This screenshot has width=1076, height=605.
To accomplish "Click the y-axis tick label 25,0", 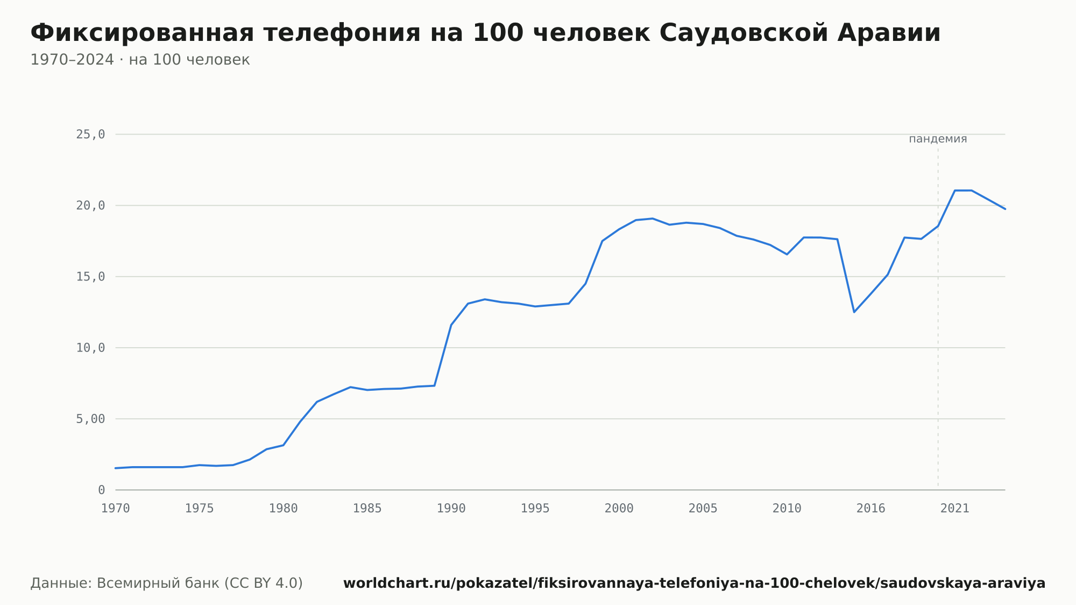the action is coord(90,135).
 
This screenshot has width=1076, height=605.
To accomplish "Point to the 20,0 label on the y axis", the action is coord(90,206).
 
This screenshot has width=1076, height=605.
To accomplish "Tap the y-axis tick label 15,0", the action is coord(90,277).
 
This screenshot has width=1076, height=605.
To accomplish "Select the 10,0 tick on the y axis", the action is coord(90,348).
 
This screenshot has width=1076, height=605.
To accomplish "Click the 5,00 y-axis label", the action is coord(90,419).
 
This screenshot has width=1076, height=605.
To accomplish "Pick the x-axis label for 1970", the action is coord(116,509).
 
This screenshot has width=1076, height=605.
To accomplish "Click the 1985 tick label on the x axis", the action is coord(367,509).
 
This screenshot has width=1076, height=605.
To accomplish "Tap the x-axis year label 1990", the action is coord(451,509).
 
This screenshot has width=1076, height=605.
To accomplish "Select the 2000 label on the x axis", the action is coord(619,509).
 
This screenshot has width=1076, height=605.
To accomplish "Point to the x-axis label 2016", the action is coord(871,509).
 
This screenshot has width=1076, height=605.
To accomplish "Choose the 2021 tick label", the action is coord(955,509).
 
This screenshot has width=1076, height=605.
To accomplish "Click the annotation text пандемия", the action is coord(938,139).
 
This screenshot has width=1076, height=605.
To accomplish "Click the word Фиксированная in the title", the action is coord(142,33).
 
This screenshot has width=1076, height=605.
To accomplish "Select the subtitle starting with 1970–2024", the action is coord(140,60).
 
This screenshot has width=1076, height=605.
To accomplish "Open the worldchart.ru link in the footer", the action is coord(694,583).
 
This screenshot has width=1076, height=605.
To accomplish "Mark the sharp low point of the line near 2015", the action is coord(854,312).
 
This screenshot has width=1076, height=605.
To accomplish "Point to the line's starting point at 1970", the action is coord(116,468).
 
